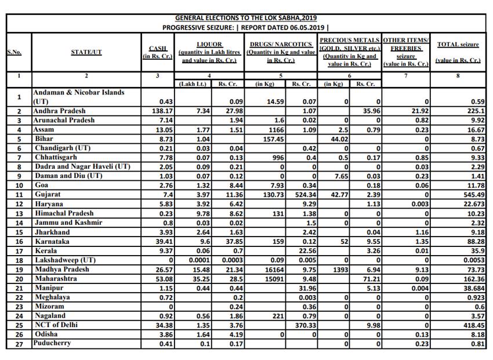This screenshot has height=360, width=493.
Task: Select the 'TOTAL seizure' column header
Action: (458, 44)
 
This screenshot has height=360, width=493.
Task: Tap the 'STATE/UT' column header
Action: (86, 52)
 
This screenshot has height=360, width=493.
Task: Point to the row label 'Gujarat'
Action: (47, 194)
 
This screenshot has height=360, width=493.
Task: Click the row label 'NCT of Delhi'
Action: (56, 325)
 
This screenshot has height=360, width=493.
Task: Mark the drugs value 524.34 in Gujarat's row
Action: (304, 194)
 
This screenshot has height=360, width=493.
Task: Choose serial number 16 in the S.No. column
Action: (19, 241)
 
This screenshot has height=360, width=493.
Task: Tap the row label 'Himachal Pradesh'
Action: (63, 213)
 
